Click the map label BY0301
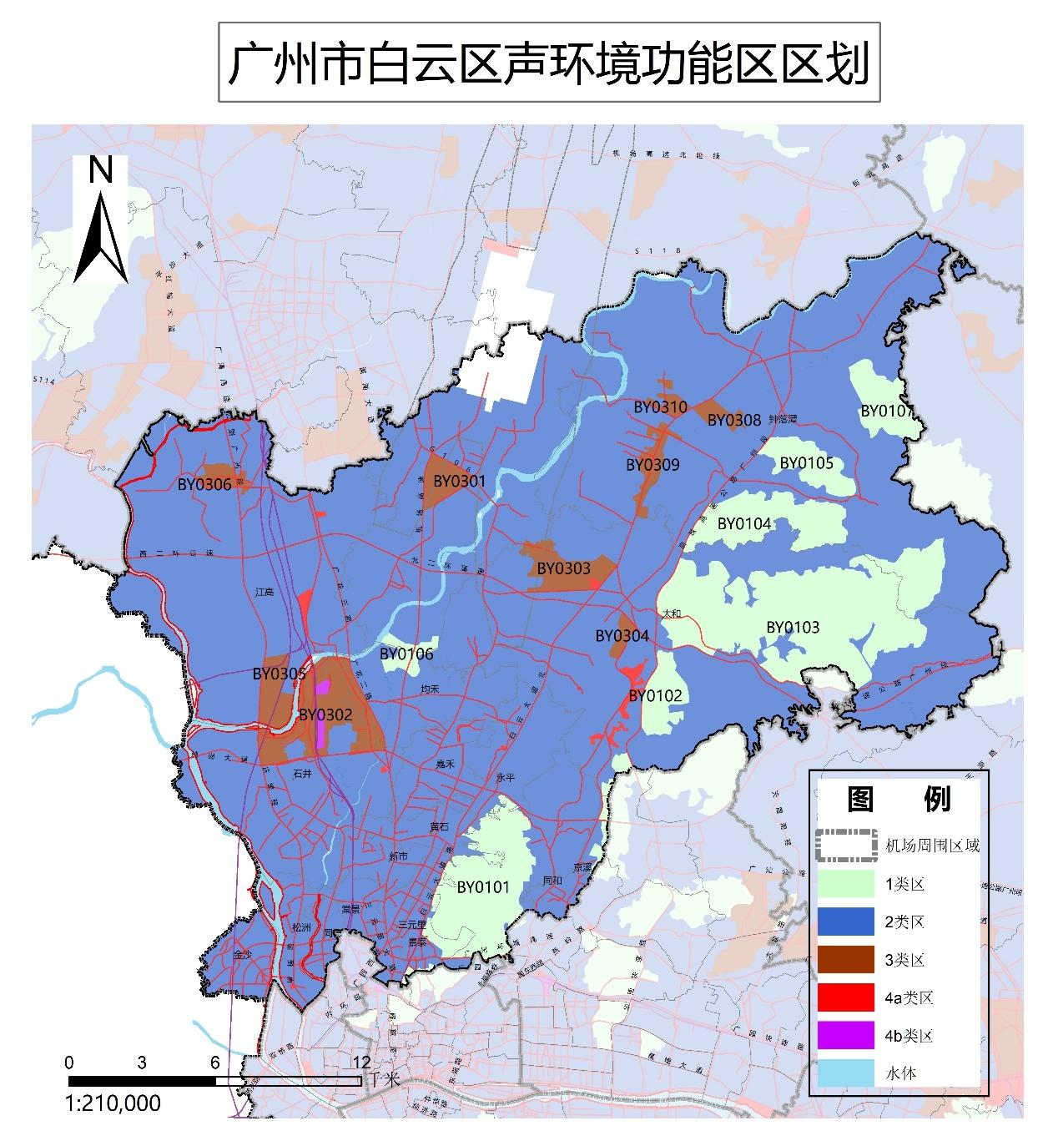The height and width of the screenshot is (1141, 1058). (x=459, y=481)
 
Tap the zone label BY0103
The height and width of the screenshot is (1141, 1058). (x=793, y=627)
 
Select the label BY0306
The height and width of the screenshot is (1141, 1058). (x=204, y=485)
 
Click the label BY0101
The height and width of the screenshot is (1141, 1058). (x=483, y=887)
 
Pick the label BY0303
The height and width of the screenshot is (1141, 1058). (x=563, y=568)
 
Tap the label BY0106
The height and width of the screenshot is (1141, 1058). (x=406, y=654)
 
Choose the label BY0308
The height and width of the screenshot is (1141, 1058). (x=734, y=420)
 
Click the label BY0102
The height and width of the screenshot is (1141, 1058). (x=655, y=696)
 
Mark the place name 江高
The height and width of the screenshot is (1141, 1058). (x=264, y=592)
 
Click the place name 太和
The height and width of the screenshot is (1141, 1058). (x=672, y=613)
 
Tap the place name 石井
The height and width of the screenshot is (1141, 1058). (x=302, y=774)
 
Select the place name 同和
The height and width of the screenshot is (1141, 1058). (x=552, y=881)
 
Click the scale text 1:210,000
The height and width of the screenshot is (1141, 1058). (x=113, y=1103)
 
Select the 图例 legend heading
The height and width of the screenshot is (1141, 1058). (x=899, y=800)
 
